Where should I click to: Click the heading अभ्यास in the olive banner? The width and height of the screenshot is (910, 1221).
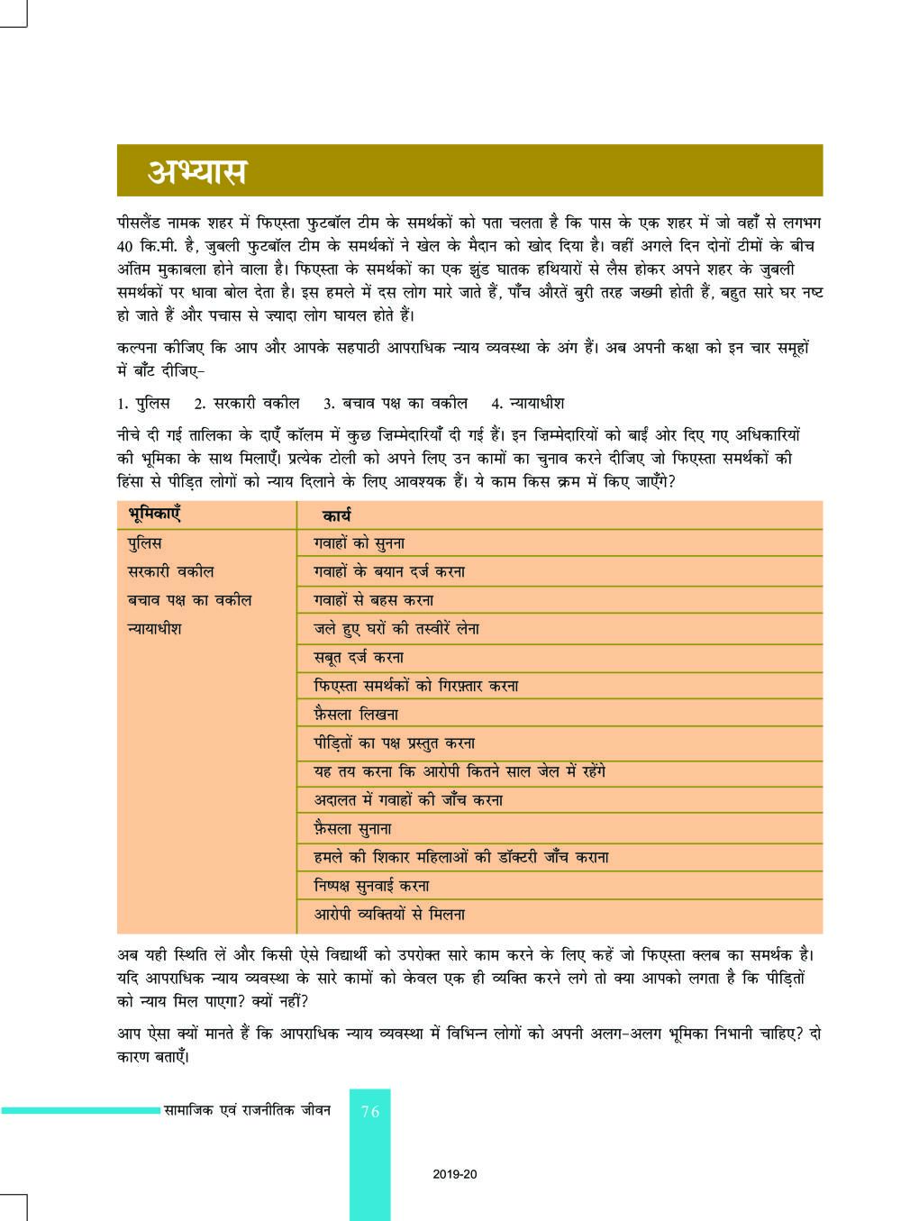(x=199, y=171)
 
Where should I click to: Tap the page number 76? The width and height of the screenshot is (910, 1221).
(x=370, y=1111)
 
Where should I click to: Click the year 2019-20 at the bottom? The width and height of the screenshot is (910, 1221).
(x=454, y=1174)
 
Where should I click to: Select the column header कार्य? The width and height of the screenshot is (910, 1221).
(x=336, y=515)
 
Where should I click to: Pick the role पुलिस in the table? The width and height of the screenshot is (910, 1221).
(x=145, y=543)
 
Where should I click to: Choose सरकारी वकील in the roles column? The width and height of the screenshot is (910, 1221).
(x=170, y=571)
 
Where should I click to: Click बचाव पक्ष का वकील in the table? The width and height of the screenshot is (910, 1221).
(x=189, y=600)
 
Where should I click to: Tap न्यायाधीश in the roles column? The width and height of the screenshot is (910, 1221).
(x=154, y=628)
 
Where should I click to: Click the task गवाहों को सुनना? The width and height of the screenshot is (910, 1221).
(x=359, y=543)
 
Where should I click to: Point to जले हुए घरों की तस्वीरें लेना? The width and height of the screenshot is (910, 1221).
(x=396, y=628)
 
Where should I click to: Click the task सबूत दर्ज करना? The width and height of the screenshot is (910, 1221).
(x=359, y=657)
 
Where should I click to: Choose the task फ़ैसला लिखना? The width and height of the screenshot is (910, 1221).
(x=356, y=715)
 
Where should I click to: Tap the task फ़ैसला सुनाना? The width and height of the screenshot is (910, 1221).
(x=352, y=828)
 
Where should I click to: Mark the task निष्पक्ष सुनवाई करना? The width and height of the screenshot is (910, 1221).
(x=371, y=886)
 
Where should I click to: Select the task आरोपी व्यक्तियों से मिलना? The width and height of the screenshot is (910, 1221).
(x=389, y=914)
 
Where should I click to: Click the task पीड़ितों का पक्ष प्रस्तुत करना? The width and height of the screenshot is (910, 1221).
(x=394, y=743)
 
